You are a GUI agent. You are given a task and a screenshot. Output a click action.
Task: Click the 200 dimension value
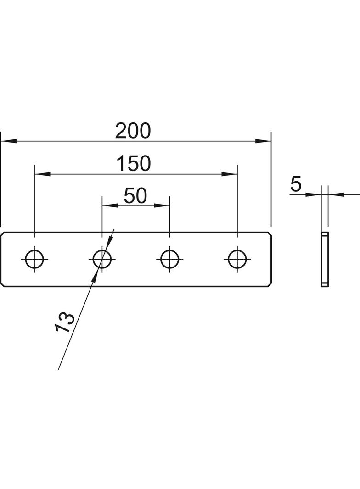(x=133, y=131)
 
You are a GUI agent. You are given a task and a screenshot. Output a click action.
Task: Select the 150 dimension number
(x=134, y=164)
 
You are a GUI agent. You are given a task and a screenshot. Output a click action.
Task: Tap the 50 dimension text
(x=135, y=196)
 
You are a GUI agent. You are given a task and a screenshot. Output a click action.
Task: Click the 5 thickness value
(x=296, y=184)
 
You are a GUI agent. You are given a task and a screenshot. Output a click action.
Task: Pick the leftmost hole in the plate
(x=34, y=259)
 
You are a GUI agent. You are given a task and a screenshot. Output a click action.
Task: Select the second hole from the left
(x=102, y=259)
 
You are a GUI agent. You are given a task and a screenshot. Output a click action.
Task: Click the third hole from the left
(x=169, y=259)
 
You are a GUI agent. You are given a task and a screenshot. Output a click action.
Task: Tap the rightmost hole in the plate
(x=237, y=259)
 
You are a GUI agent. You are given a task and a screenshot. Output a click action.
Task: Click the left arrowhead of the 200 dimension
(x=8, y=141)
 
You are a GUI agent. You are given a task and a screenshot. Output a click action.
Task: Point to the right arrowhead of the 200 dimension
(x=263, y=141)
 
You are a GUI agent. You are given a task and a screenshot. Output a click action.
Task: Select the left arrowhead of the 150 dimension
(x=42, y=174)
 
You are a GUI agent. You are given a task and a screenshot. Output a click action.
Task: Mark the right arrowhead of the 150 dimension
(x=229, y=174)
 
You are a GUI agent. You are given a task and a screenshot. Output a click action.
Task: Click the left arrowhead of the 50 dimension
(x=110, y=205)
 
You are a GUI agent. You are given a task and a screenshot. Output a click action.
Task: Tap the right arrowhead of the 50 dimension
(x=162, y=205)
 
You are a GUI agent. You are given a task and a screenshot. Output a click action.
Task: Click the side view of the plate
(x=325, y=259)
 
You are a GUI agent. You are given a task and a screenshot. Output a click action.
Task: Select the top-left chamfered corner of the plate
(x=3, y=233)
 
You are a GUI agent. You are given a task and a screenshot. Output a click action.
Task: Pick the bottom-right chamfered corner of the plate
(x=269, y=284)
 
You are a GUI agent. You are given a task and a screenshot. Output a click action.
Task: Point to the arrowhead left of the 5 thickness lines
(x=313, y=194)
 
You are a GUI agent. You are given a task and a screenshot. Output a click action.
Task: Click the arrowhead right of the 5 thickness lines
(x=336, y=194)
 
